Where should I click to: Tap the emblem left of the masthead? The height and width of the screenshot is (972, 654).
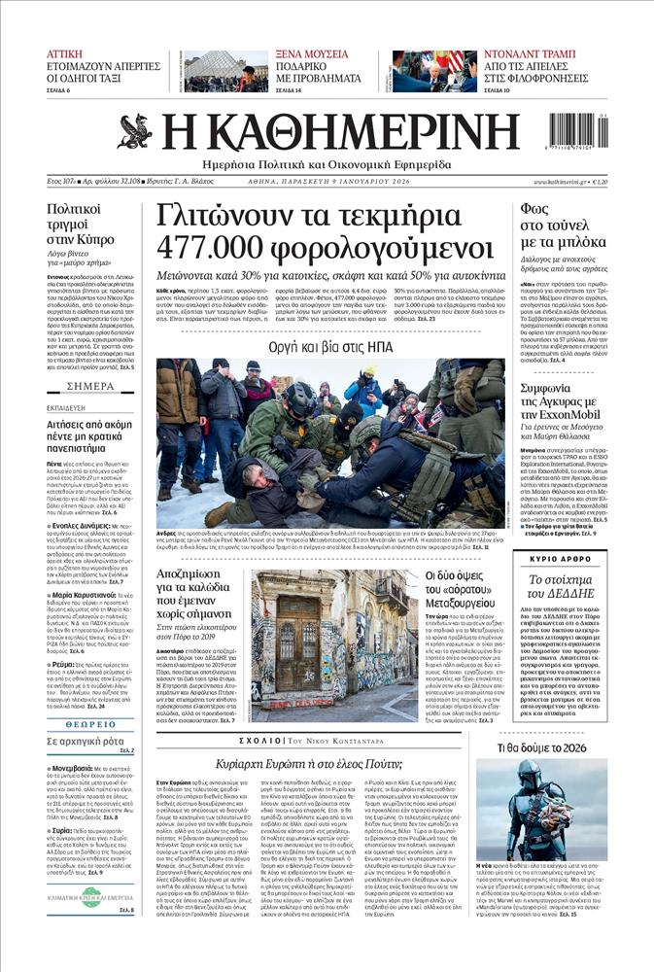[x=134, y=131]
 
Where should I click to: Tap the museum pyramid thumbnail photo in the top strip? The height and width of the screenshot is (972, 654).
[x=224, y=72]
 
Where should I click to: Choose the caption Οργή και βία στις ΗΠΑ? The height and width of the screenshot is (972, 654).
[x=330, y=345]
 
